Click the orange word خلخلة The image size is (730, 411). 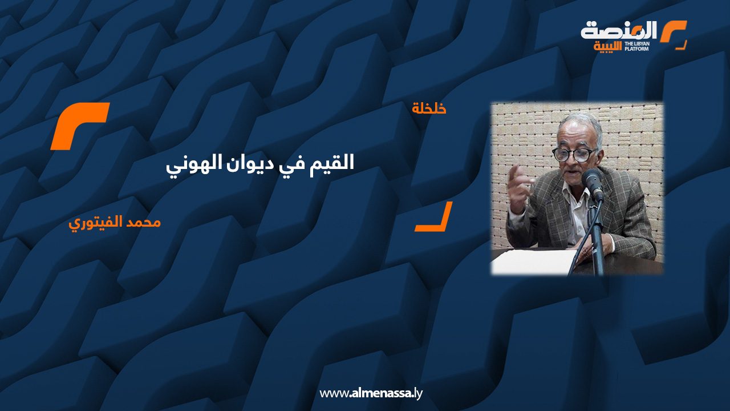[x=429, y=108]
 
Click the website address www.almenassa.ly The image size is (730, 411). [x=371, y=393]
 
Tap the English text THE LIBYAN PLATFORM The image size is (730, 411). [x=637, y=46]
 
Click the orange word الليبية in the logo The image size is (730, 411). [x=607, y=47]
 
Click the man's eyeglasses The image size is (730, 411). [x=574, y=155]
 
